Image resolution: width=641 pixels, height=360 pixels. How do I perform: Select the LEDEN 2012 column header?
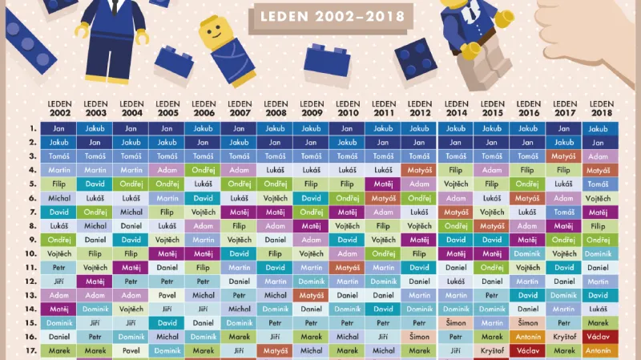coord(420,108)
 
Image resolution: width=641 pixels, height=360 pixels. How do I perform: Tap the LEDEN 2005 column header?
coord(167,108)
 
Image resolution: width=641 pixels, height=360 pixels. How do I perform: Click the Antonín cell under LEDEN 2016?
coord(528,337)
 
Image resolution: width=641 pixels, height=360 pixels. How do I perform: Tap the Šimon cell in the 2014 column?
coord(456,323)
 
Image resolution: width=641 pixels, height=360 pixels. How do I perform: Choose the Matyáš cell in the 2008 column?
coord(276,350)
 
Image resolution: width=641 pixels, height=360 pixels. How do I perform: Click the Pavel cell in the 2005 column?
coord(167,295)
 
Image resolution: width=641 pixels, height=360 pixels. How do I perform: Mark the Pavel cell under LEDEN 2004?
coord(131,350)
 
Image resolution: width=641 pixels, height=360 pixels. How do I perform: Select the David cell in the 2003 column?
coord(95,184)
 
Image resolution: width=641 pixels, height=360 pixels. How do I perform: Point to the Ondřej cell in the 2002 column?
coord(59,240)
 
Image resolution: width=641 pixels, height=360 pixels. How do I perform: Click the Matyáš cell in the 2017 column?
coord(564,156)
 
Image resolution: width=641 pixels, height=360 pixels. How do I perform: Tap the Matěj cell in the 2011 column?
coord(384,184)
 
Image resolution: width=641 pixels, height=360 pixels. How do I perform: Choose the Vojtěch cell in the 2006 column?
coord(204,212)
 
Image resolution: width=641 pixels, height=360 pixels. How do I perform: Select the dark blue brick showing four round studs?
coord(413,58)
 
